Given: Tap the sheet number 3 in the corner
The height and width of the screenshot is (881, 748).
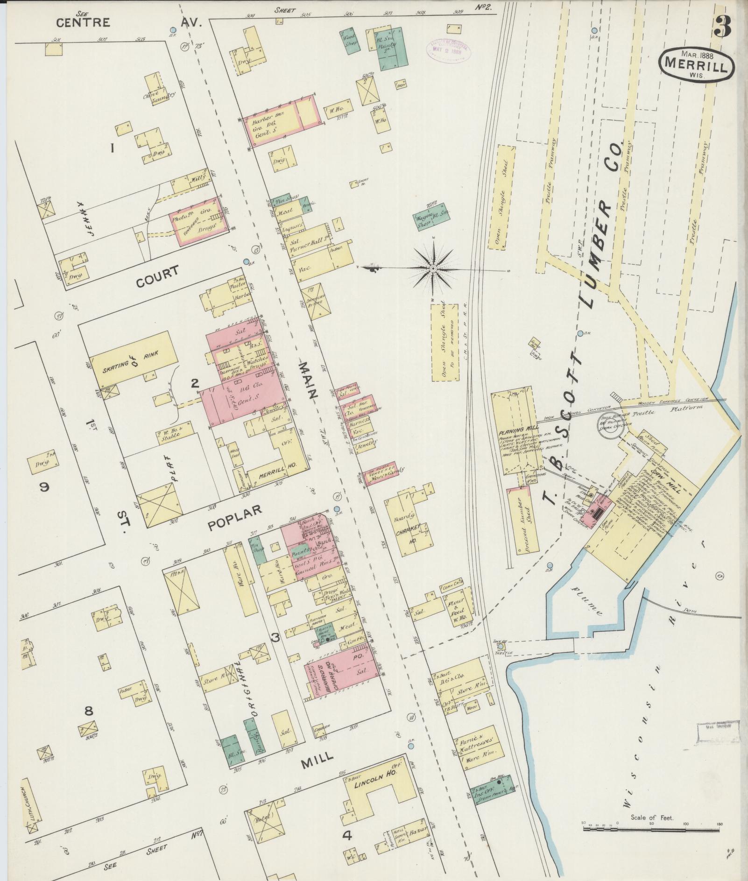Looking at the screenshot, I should (x=722, y=26).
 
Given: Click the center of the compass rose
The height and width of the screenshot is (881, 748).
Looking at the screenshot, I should (x=433, y=268).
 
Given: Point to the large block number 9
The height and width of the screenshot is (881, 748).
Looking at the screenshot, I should (x=44, y=487).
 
